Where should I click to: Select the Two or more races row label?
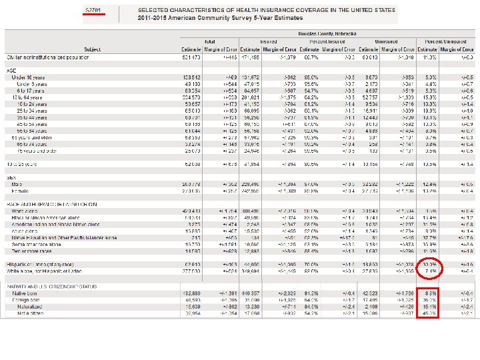tap(31, 251)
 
